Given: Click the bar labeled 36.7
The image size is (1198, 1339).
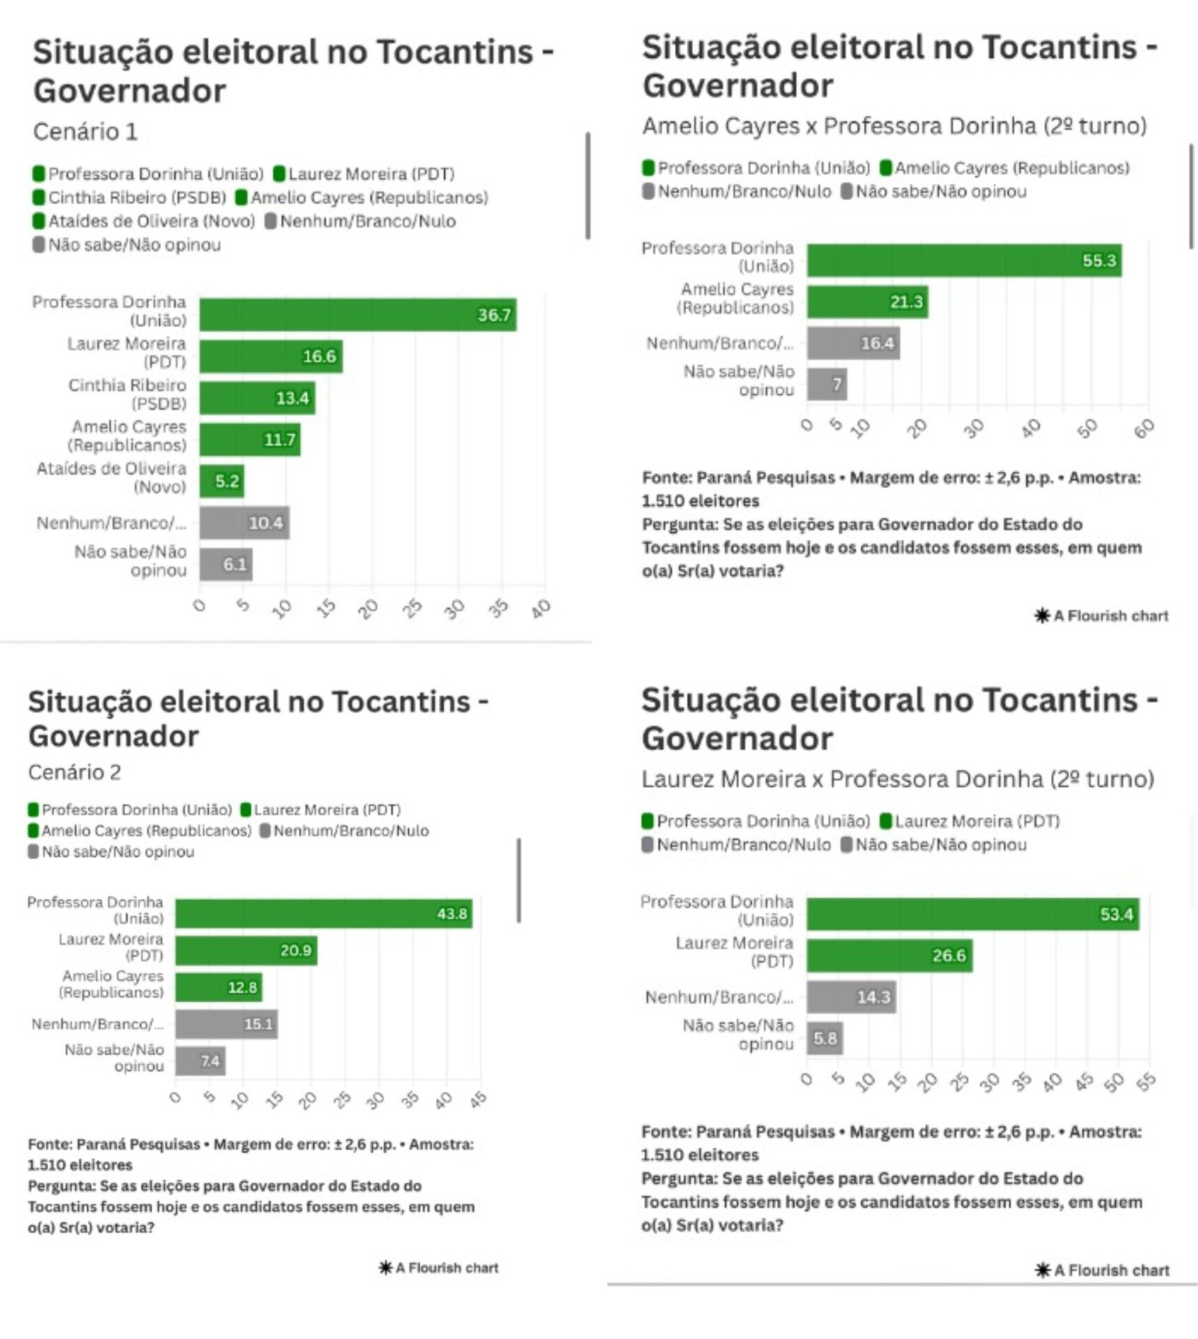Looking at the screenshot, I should click(x=358, y=315).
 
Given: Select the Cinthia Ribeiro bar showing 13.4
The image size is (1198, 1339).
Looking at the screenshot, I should click(x=257, y=398).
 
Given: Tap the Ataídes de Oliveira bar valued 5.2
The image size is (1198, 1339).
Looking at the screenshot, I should click(x=222, y=481).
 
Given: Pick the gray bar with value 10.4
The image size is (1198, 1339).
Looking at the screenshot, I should click(x=244, y=523).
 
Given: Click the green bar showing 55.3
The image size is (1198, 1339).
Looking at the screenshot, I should click(x=964, y=261).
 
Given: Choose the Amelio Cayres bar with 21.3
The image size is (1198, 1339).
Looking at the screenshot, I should click(x=867, y=302).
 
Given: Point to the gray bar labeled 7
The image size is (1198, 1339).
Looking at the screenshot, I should click(x=827, y=384).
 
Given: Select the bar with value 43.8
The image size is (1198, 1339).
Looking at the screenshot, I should click(x=324, y=914).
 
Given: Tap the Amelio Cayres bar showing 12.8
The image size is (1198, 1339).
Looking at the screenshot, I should click(x=218, y=988).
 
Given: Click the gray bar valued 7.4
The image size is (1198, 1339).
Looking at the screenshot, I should click(x=200, y=1061).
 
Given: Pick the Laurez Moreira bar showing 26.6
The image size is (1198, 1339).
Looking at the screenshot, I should click(x=890, y=955).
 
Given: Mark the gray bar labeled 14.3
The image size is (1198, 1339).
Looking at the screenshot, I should click(x=851, y=997).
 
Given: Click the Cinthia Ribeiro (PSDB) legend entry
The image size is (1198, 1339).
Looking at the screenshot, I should click(x=130, y=198).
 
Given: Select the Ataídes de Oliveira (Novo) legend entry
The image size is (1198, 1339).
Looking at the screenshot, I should click(x=144, y=222).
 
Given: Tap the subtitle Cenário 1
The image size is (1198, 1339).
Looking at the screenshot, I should click(x=85, y=132).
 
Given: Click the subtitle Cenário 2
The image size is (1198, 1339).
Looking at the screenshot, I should click(x=75, y=772).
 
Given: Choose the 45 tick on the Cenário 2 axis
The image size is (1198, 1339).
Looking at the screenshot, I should click(x=478, y=1100).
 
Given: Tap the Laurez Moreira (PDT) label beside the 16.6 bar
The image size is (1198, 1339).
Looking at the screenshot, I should click(x=127, y=353).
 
